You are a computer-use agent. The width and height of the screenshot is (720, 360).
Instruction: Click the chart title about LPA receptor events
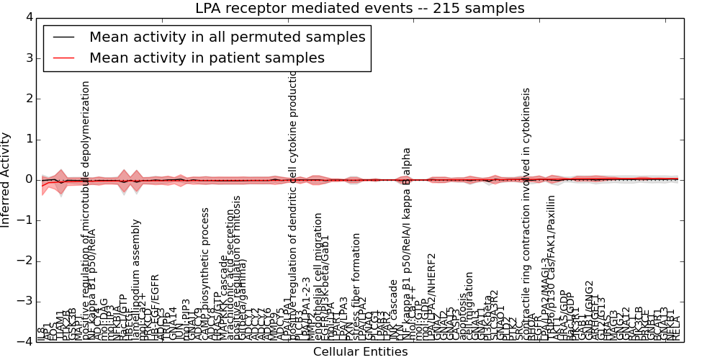[360, 9]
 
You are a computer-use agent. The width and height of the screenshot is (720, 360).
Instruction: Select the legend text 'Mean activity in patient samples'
[207, 58]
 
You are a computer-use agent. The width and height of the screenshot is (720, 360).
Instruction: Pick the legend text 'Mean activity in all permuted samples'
[227, 37]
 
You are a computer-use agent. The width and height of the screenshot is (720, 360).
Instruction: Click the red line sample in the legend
[63, 58]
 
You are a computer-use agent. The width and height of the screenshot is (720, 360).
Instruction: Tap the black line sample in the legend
[63, 37]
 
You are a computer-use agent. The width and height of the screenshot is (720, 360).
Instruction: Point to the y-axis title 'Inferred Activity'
[6, 179]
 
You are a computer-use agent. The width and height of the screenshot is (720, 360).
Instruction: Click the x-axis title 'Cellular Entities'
[360, 352]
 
